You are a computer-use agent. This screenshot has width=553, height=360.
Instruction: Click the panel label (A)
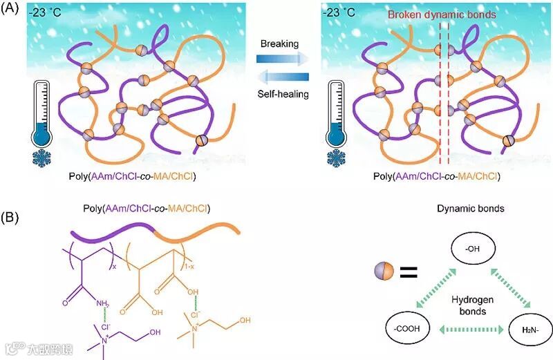click(x=15, y=12)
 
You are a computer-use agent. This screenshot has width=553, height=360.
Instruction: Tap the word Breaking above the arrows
click(x=279, y=44)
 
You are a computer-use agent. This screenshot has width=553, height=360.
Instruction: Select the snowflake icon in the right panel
click(x=338, y=159)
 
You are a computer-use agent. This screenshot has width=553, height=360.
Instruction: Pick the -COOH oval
click(x=408, y=324)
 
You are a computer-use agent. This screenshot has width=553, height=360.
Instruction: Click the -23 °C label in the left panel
click(x=48, y=14)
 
